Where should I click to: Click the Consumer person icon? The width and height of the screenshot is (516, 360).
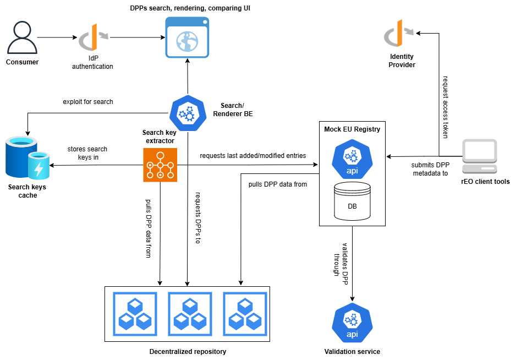[22, 37]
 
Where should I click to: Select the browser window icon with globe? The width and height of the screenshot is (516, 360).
[187, 37]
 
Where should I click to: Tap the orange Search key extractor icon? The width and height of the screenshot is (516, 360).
[160, 165]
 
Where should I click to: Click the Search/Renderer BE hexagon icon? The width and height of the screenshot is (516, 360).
[188, 113]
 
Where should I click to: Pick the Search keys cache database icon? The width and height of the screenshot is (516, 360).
[28, 158]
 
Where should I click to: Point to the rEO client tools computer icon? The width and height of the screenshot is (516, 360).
[480, 156]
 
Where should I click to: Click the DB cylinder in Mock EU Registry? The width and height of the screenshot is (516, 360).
[352, 201]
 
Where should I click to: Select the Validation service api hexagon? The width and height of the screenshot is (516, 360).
[352, 323]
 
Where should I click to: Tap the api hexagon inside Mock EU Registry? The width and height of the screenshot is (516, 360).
[352, 159]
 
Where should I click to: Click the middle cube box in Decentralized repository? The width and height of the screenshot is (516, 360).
[190, 314]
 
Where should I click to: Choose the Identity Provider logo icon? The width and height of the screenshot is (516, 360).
[399, 33]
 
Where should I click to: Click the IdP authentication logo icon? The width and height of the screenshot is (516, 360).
[94, 37]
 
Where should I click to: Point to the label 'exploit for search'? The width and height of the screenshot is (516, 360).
[88, 102]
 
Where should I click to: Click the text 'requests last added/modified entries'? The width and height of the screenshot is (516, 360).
[252, 155]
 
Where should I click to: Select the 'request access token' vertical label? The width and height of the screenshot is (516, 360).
[445, 107]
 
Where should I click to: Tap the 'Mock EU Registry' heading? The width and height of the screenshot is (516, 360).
[352, 129]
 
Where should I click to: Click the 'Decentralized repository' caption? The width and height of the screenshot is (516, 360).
[188, 351]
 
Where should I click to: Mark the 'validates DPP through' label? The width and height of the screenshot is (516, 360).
[341, 264]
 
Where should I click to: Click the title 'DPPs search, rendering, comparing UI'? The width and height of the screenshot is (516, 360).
[190, 8]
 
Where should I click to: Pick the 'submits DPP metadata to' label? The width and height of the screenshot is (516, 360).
[430, 169]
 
